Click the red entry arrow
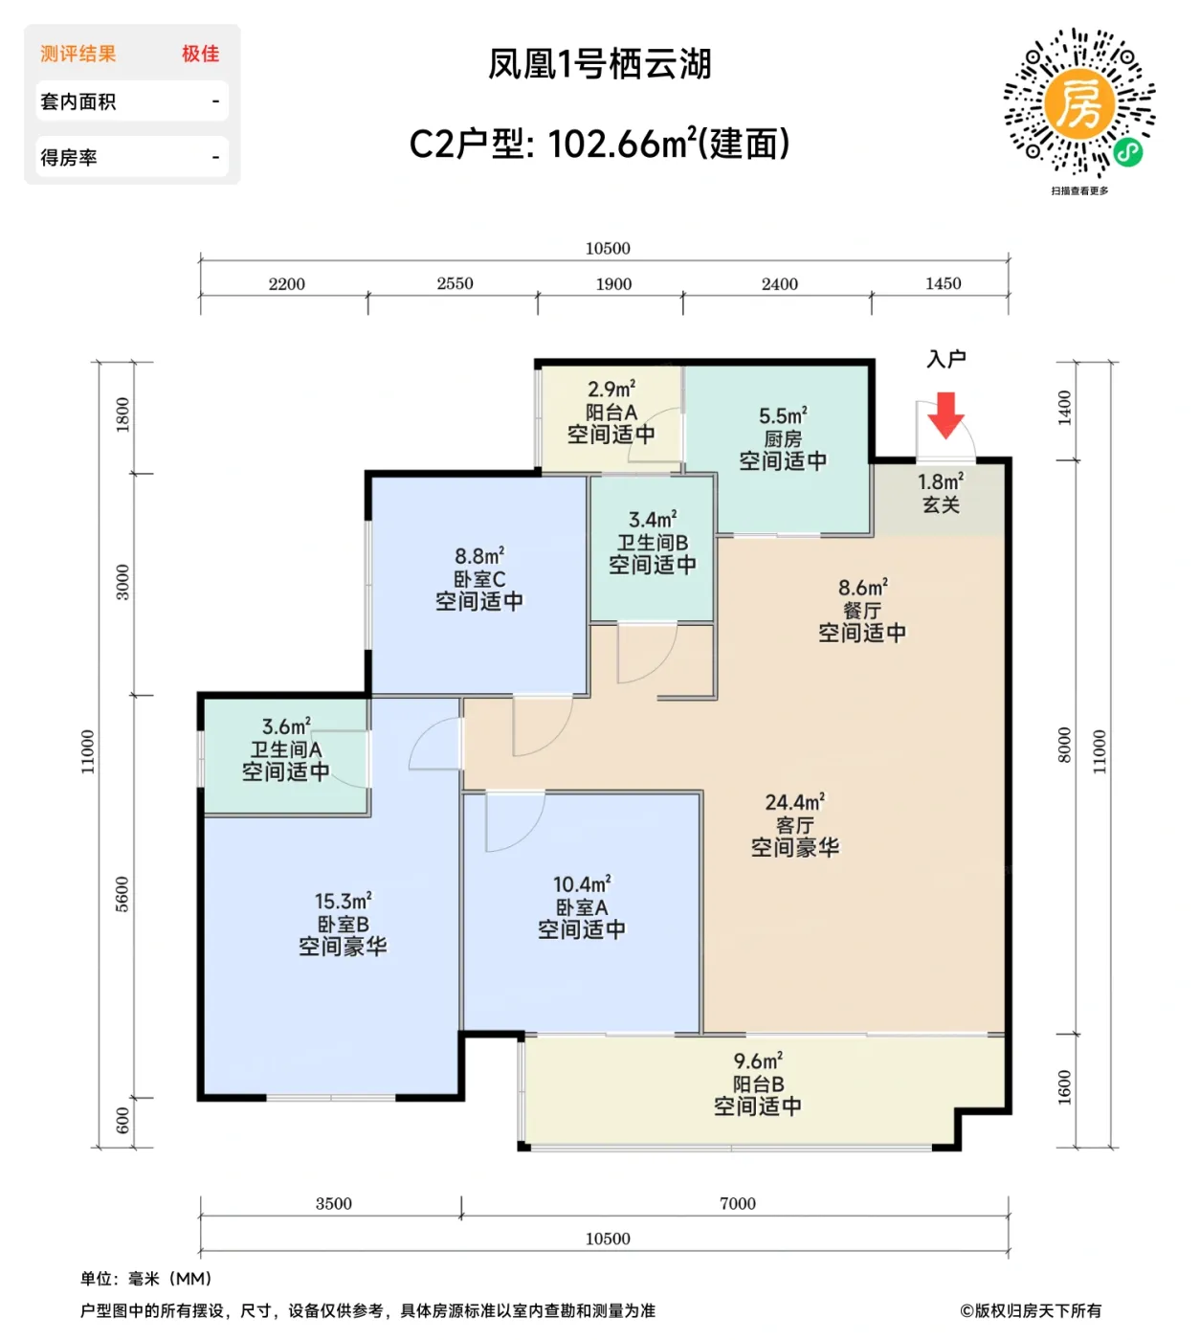[x=945, y=414]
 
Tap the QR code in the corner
[x=1079, y=102]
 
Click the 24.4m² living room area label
[x=794, y=802]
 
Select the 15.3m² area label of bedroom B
[x=343, y=902]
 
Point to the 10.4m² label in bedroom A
[x=581, y=884]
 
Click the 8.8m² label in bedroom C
[x=479, y=556]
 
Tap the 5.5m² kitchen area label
[x=783, y=415]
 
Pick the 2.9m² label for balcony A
[x=611, y=390]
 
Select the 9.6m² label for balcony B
[x=758, y=1061]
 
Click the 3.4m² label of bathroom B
[x=653, y=520]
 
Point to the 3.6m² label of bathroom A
[x=286, y=727]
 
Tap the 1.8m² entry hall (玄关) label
[x=941, y=481]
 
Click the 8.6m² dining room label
[x=862, y=588]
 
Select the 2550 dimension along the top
[x=455, y=283]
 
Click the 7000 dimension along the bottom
[x=737, y=1203]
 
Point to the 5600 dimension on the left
[x=122, y=894]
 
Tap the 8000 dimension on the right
[x=1064, y=745]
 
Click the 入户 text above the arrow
[x=945, y=359]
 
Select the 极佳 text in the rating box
[x=201, y=54]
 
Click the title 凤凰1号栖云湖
[x=600, y=64]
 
